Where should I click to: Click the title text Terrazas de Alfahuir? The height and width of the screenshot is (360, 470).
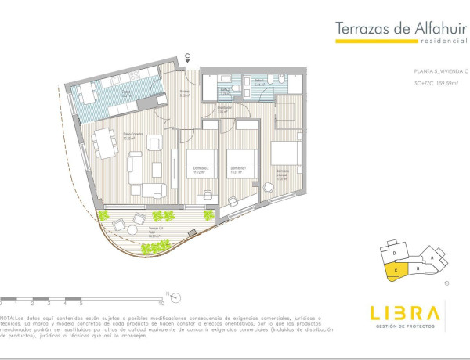[x=396, y=29]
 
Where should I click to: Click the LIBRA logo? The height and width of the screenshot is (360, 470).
[x=405, y=314]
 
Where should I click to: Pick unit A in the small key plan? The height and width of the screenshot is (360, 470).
[x=431, y=255]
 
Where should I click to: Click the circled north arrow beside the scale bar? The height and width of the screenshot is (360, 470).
[x=179, y=297]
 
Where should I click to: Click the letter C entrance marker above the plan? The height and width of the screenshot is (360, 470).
[x=187, y=55]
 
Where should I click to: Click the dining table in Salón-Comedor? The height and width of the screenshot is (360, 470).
[x=103, y=145]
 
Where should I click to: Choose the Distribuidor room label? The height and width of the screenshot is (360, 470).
[x=222, y=110]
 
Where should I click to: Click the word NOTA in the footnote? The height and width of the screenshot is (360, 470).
[x=7, y=319]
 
